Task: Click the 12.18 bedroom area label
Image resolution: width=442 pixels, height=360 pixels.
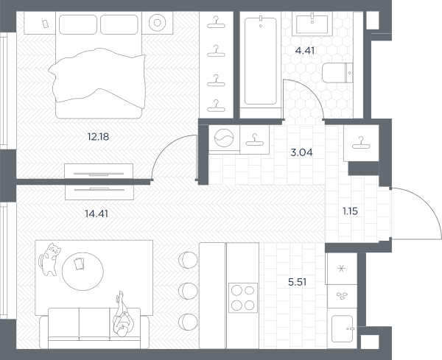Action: coord(98,137)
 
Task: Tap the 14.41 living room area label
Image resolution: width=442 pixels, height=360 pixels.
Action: coord(97,213)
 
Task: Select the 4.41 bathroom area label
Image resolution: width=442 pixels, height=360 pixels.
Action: coord(305,51)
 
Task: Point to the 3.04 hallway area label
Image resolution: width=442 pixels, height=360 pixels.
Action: coord(301,152)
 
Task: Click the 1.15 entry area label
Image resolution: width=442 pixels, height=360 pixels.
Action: coord(350,211)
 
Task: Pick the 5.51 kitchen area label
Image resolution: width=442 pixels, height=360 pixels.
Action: coord(298,282)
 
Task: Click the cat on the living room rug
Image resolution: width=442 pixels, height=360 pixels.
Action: coord(49,259)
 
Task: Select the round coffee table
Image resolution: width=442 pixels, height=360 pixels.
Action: coord(83,271)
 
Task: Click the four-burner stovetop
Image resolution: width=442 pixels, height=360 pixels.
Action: coord(243,297)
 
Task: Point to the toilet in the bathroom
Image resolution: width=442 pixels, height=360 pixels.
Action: coord(337,73)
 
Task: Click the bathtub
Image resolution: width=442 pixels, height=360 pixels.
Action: coord(261,61)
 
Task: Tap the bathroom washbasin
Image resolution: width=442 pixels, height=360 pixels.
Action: coord(312,24)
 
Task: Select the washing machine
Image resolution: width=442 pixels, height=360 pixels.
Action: coord(224,138)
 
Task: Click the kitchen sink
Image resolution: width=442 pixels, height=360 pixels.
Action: coord(343,328)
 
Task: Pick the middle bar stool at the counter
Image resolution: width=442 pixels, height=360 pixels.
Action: coord(188,291)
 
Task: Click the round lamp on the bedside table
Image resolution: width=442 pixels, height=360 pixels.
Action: coord(158,23)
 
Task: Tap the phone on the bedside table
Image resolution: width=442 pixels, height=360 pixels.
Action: coord(45,24)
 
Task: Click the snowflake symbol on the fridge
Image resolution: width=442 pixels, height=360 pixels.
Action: coord(341,269)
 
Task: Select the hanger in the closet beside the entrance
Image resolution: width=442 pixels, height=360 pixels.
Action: coord(361,143)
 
